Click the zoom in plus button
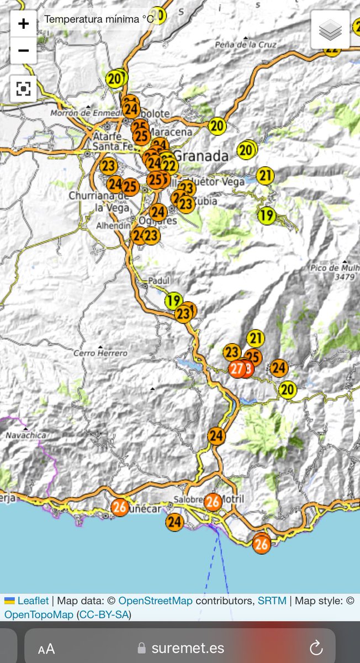point(23,24)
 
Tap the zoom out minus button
point(23,51)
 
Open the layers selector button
point(330,30)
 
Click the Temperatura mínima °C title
point(98,19)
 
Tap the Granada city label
point(202,156)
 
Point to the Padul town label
point(158,281)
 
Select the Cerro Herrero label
point(100,352)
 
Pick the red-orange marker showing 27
point(237,369)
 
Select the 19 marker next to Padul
point(174,301)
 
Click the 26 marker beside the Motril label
point(213,502)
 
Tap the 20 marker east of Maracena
point(218,126)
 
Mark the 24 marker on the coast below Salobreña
point(174,522)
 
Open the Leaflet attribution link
point(33,601)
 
